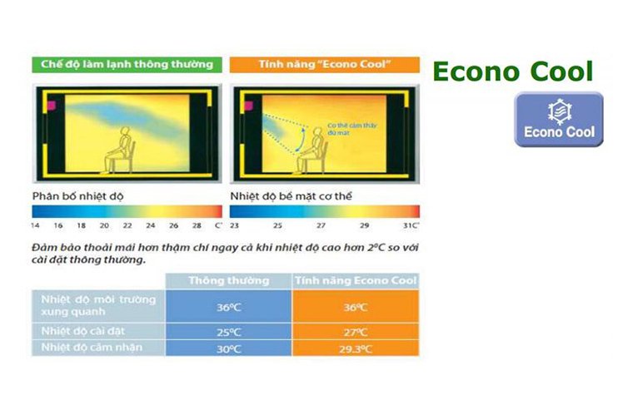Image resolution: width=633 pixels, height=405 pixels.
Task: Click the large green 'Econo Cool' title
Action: pyautogui.click(x=512, y=72)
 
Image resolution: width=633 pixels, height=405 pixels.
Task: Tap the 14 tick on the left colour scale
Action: pyautogui.click(x=35, y=225)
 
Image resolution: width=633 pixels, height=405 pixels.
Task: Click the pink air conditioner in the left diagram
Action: pyautogui.click(x=50, y=106)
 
